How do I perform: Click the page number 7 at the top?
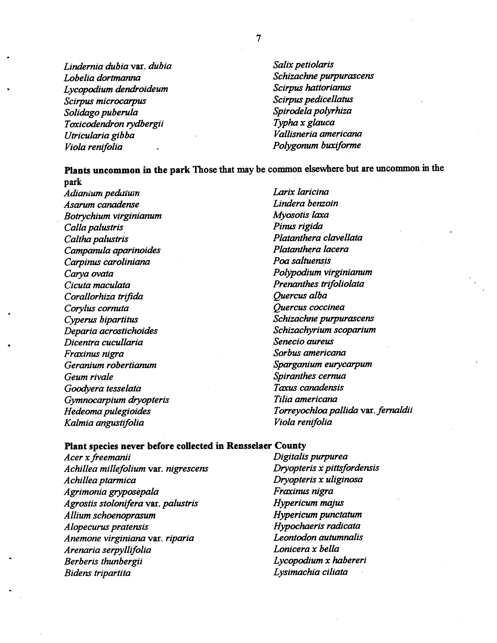(258, 38)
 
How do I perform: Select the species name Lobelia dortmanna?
(102, 78)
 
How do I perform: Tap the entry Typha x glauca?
(304, 122)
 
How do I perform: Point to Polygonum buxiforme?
(316, 145)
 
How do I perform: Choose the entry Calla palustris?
(94, 228)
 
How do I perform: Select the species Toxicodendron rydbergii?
(114, 124)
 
